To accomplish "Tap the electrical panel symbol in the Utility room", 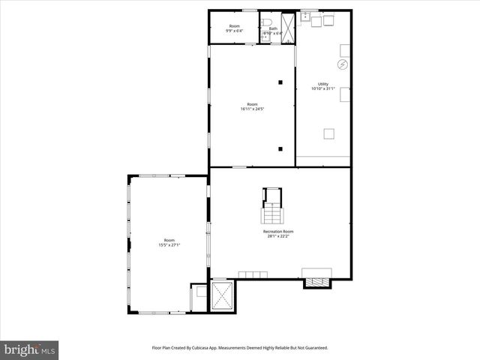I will [343, 65].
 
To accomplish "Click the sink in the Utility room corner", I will [305, 16].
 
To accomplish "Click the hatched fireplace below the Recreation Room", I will [316, 282].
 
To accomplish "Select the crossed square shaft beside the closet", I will [223, 295].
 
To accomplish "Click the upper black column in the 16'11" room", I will [280, 82].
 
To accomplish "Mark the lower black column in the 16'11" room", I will [280, 148].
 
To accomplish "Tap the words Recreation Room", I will [278, 232].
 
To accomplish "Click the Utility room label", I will [323, 84].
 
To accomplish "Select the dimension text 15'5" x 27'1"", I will [169, 245].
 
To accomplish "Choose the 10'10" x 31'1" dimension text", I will [323, 89].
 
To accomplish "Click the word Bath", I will [273, 28].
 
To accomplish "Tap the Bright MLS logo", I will [30, 349].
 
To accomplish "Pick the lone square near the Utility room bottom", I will [328, 133].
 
